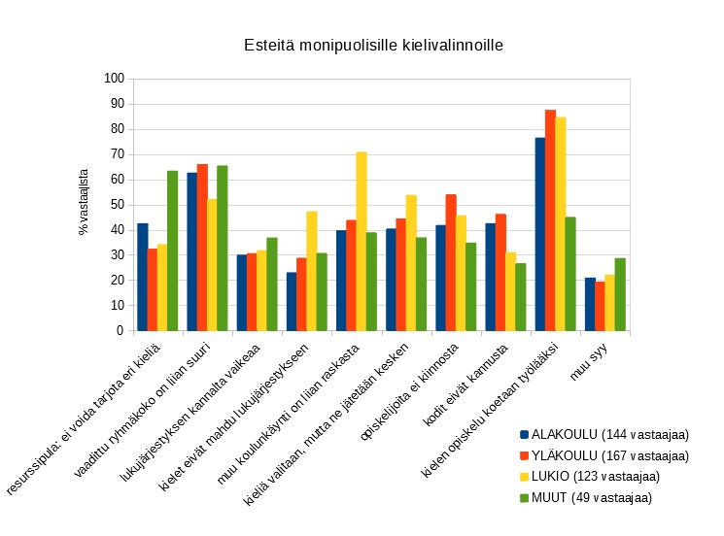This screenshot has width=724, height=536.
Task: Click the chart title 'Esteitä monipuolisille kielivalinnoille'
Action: point(374,46)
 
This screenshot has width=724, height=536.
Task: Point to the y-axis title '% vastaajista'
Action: point(84,202)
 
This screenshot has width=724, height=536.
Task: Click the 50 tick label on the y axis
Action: point(117,205)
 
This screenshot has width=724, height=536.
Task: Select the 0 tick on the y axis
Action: point(120,331)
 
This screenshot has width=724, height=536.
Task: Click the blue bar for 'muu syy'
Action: point(590,304)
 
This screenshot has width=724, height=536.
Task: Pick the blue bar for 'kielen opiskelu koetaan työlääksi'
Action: point(540,234)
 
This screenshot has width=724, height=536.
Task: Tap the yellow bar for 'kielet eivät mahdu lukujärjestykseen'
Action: point(312,271)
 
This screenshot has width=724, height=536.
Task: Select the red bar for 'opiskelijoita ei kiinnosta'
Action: point(451,262)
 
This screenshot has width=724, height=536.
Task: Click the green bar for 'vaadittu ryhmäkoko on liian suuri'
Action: point(223,248)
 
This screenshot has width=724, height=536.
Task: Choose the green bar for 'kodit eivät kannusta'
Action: point(521,297)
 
